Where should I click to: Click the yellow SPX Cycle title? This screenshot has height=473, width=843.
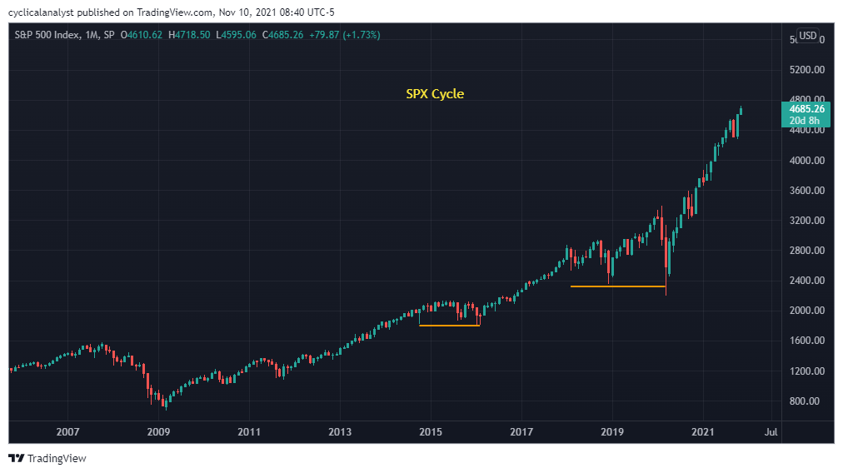434,94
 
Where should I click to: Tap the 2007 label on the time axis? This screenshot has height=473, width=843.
67,432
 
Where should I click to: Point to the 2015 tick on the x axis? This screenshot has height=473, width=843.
430,432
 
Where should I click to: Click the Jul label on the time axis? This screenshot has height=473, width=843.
771,432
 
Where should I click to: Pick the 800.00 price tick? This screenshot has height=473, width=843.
806,401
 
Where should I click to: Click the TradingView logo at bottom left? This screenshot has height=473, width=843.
47,458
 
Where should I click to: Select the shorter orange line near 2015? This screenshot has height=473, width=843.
449,325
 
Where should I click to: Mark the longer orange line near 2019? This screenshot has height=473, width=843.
617,286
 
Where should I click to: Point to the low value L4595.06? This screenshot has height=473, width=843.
237,35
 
